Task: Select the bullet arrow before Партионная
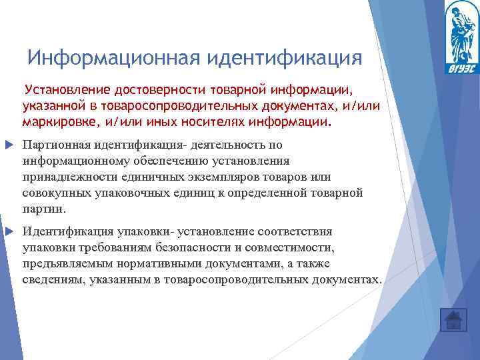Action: point(9,145)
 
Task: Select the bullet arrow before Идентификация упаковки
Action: point(9,232)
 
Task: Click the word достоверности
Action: point(154,90)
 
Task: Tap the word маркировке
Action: point(56,123)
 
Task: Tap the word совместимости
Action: point(298,248)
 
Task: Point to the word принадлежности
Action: point(64,177)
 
